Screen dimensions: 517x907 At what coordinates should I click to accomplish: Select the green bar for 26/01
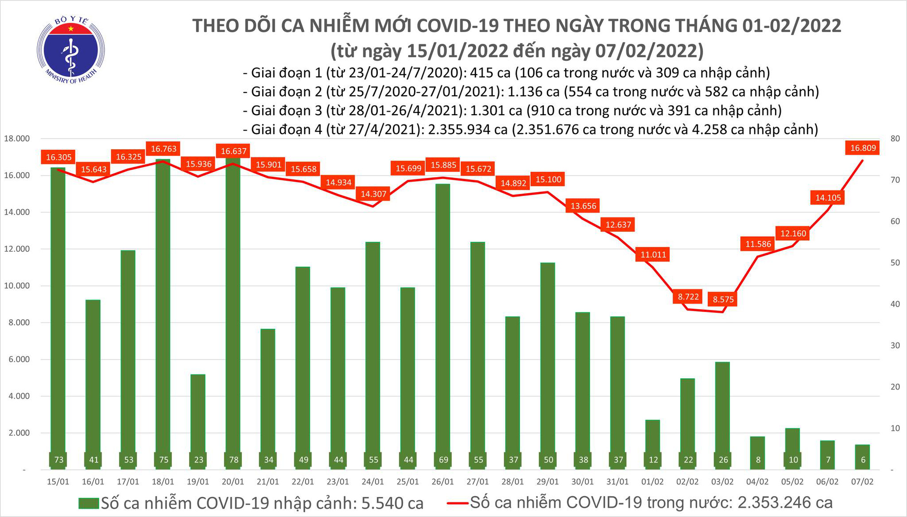[x=443, y=317]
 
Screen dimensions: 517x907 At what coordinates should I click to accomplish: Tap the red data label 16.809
[x=863, y=148]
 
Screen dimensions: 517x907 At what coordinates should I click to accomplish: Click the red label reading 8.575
[x=723, y=299]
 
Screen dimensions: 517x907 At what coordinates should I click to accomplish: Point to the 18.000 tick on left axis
[x=17, y=138]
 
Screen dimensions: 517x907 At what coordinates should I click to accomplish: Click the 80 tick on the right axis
[x=895, y=139]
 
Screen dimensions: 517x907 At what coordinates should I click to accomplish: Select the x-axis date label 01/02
[x=653, y=482]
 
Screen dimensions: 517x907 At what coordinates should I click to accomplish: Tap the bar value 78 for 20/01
[x=234, y=460]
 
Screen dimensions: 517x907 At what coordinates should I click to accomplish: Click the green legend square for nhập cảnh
[x=88, y=503]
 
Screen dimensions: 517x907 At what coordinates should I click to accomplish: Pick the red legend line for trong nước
[x=457, y=503]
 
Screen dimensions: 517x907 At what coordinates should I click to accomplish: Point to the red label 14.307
[x=373, y=194]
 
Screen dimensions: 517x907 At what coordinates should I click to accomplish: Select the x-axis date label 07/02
[x=862, y=482]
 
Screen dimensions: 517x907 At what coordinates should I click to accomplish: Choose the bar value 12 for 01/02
[x=653, y=460]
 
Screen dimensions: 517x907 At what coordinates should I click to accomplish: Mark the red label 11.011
[x=653, y=254]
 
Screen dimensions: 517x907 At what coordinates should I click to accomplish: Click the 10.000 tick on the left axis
[x=17, y=286]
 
